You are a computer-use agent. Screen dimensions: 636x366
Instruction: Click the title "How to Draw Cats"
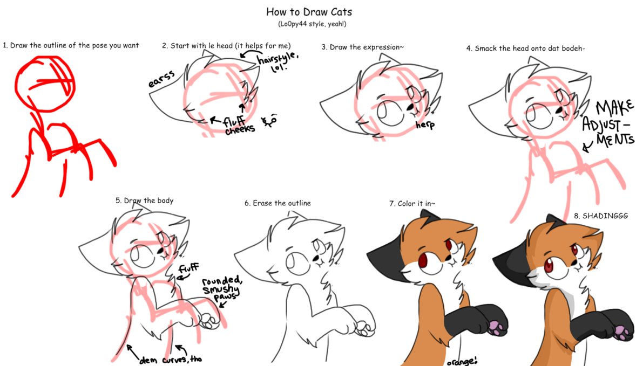click(309, 12)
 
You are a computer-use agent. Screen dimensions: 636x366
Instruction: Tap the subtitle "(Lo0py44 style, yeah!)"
click(312, 24)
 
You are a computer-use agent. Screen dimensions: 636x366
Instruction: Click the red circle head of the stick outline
click(45, 84)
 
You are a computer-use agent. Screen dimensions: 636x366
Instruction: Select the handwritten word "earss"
click(161, 79)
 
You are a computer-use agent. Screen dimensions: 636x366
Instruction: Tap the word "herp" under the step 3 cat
click(425, 125)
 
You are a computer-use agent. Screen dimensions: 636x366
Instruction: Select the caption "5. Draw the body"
click(144, 201)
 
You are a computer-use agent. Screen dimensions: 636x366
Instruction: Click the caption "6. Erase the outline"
click(278, 203)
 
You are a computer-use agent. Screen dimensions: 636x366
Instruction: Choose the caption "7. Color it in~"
click(412, 203)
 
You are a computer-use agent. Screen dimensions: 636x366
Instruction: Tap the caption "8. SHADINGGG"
click(601, 216)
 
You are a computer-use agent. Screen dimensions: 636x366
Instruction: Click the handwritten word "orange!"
click(462, 361)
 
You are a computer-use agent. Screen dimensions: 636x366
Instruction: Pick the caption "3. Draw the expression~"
click(363, 47)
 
